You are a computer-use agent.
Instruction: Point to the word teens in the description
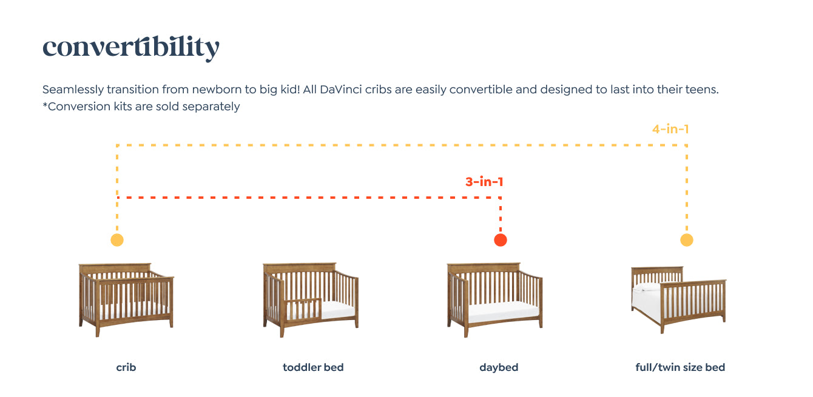click(701, 89)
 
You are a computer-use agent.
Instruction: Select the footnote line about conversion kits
click(141, 106)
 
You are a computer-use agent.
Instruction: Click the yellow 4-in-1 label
click(670, 129)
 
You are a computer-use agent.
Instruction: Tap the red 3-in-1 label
click(484, 182)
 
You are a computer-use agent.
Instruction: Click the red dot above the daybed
click(501, 240)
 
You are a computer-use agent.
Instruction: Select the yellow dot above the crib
click(117, 240)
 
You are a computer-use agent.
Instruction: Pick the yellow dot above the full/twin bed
click(687, 240)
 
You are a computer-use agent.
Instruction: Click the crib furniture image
click(126, 300)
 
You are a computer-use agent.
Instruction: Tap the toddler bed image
click(311, 300)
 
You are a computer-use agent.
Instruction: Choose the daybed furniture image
click(494, 300)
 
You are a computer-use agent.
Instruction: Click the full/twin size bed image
click(679, 300)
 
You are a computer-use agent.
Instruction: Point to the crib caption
click(126, 367)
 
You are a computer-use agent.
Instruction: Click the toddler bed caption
click(313, 367)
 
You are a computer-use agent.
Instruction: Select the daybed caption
click(499, 368)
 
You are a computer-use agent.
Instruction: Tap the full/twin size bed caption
click(680, 367)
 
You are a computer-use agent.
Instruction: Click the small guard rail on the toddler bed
click(303, 309)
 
